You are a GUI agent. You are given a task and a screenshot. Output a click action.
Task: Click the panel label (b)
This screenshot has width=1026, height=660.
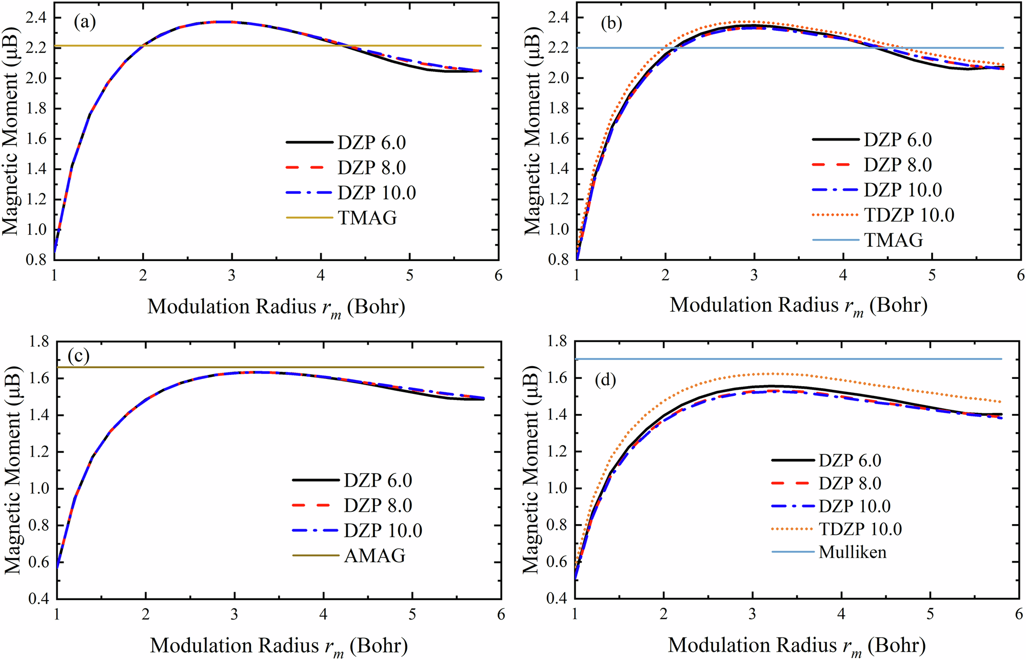pos(611,24)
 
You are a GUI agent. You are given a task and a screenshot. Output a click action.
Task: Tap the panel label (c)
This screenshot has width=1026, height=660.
pos(78,356)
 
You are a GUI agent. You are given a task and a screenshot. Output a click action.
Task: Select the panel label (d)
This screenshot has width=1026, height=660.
pos(605,380)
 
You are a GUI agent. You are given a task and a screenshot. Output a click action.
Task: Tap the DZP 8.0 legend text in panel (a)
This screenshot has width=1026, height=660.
pos(371,168)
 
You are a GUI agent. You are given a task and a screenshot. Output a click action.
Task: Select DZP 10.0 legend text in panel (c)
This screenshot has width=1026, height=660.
pos(383,530)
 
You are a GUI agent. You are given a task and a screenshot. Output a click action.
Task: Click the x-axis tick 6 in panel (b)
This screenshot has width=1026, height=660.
pos(1020,275)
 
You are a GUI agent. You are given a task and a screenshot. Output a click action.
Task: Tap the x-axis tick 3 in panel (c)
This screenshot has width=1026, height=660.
pos(234,614)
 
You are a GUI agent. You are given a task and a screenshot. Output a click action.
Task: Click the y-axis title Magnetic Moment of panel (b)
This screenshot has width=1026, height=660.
pos(533,131)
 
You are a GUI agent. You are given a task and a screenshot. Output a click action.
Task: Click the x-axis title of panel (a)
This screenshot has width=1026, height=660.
pos(276,307)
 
